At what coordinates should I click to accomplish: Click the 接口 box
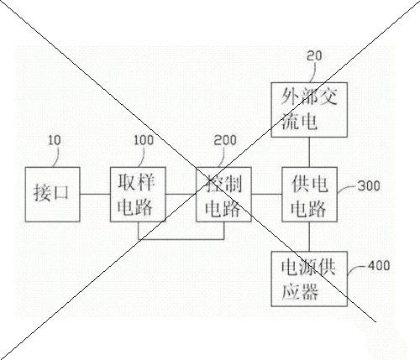click(x=53, y=195)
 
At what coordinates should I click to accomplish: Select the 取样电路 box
click(x=138, y=195)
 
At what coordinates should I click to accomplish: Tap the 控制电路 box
click(x=223, y=195)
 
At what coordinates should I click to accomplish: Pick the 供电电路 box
click(x=309, y=195)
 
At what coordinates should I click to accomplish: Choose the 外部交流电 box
click(x=309, y=110)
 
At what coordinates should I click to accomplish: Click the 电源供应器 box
click(x=309, y=279)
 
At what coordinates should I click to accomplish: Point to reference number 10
click(x=55, y=140)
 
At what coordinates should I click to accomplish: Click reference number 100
click(x=144, y=140)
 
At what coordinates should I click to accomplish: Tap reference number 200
click(x=225, y=140)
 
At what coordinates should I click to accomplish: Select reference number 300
click(x=369, y=186)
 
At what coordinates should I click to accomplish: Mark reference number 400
click(x=378, y=265)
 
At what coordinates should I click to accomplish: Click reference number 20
click(x=314, y=56)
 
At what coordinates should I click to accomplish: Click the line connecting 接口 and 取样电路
click(x=95, y=194)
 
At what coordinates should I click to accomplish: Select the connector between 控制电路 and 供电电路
click(x=266, y=194)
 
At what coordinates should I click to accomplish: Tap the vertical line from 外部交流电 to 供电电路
click(x=309, y=152)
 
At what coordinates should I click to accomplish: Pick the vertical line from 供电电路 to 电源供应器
click(x=309, y=237)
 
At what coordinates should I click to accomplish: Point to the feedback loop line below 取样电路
click(x=181, y=239)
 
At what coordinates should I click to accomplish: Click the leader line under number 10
click(x=57, y=157)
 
